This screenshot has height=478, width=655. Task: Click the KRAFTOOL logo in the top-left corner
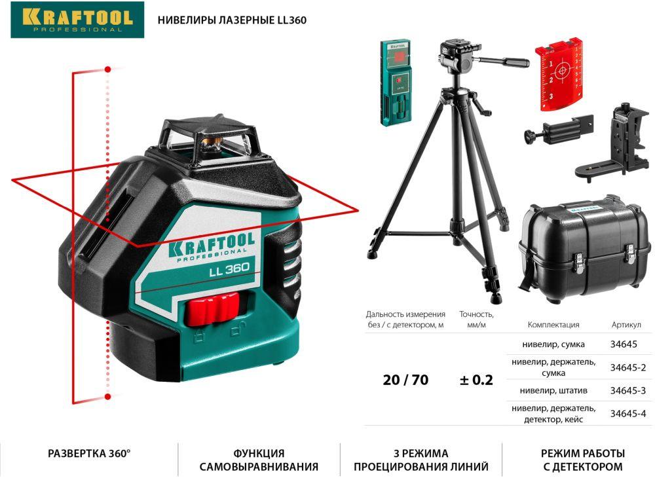77,20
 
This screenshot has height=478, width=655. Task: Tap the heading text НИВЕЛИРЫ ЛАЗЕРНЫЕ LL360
232,20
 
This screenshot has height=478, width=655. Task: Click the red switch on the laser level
213,309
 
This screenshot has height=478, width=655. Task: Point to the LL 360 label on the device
229,269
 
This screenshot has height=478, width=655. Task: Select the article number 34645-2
628,367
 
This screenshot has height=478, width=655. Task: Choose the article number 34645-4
628,413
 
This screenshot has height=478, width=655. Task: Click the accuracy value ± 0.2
476,380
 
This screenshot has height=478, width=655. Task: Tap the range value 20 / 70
405,380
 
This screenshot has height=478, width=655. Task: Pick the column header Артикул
626,324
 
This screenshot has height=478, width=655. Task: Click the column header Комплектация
553,324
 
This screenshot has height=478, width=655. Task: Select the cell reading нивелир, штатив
553,391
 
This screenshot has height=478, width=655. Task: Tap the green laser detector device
395,83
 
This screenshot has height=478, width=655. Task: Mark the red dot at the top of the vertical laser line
108,69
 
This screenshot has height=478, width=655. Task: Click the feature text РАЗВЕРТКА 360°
89,453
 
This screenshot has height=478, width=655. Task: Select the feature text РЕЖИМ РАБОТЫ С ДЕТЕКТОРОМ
583,460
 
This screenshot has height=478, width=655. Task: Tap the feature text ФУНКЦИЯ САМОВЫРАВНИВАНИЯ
259,460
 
